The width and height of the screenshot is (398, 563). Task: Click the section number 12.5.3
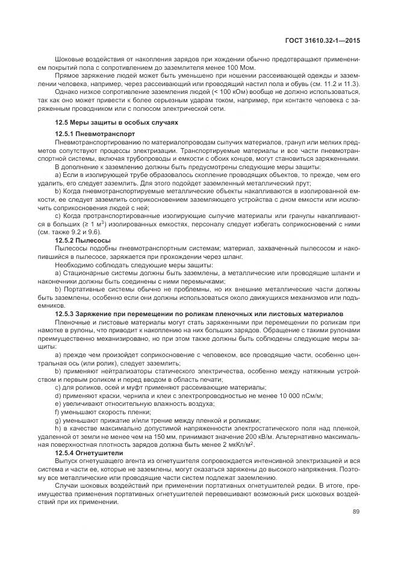click(x=64, y=314)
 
